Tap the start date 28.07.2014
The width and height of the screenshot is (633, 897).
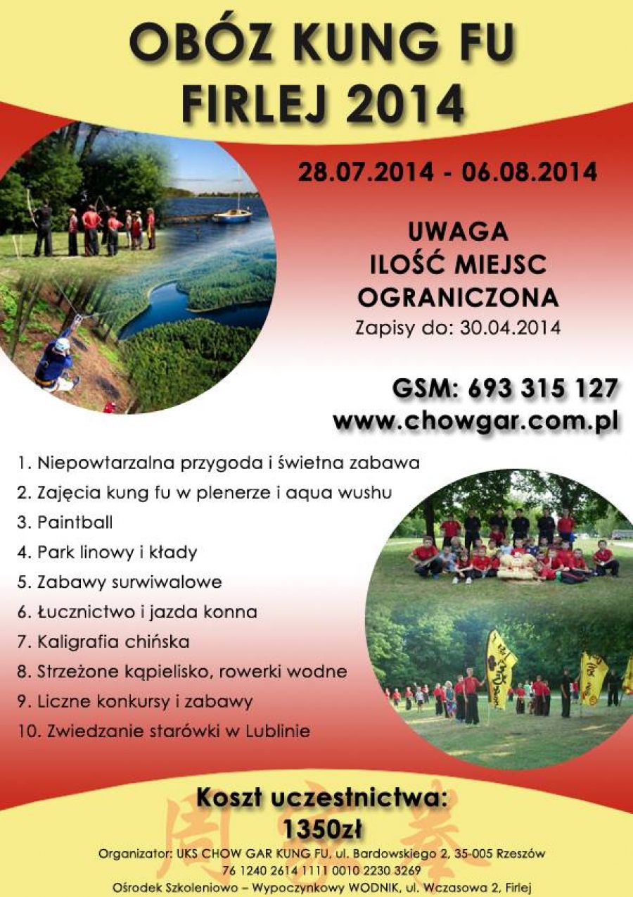coord(365,172)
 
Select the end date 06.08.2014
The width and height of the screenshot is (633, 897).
coord(529,172)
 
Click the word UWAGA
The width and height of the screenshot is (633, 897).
coord(457,232)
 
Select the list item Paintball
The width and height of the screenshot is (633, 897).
coord(75,522)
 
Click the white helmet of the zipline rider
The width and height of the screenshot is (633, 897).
coord(62,343)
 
